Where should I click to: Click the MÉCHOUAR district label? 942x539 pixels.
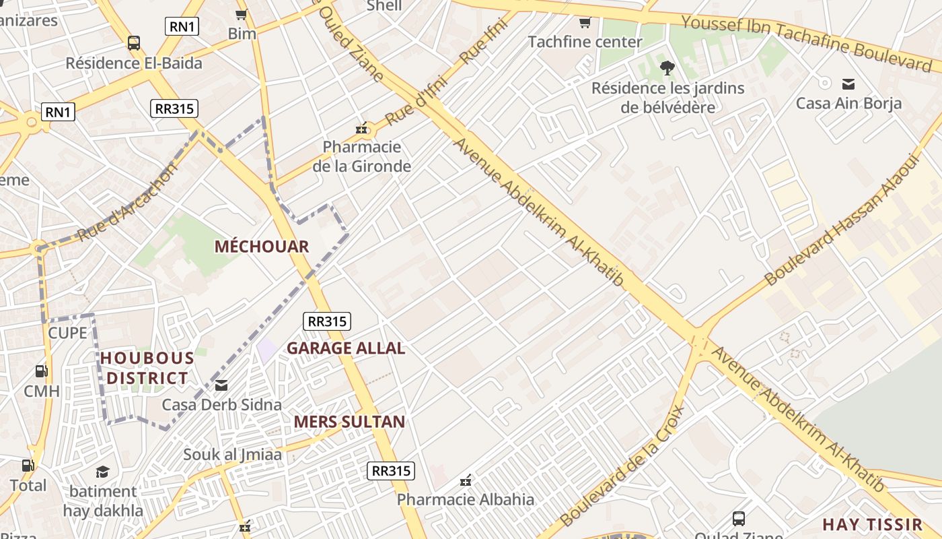(x=261, y=247)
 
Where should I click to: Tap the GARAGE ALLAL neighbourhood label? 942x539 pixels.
(x=346, y=348)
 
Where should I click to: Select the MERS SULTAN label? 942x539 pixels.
(x=349, y=422)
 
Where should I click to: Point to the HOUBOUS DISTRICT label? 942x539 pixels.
(x=147, y=368)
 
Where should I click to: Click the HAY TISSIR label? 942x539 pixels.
(x=872, y=525)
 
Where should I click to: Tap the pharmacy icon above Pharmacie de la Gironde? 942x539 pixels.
(x=362, y=128)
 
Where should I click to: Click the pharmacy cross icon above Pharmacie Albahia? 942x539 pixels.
(x=465, y=481)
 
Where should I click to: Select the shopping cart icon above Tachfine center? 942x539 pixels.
(x=585, y=23)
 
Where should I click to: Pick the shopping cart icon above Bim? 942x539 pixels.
(x=241, y=14)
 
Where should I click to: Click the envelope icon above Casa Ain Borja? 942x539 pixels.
(x=848, y=84)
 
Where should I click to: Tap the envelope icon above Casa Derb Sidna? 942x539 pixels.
(x=221, y=386)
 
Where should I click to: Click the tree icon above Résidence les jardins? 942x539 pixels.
(x=667, y=68)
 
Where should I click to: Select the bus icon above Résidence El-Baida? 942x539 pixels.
(x=134, y=43)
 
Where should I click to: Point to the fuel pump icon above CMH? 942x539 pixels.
(x=41, y=371)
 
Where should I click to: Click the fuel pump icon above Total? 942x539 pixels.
(x=28, y=466)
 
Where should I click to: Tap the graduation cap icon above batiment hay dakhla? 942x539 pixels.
(x=102, y=472)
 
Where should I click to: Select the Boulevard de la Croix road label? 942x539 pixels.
(x=622, y=466)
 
